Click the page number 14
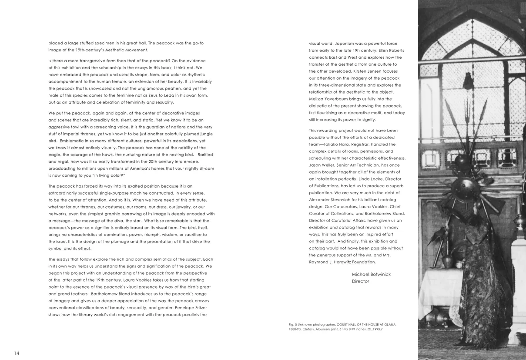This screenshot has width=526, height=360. (x=17, y=353)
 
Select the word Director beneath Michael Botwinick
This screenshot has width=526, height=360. (x=360, y=281)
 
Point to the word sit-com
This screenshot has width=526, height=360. (x=206, y=168)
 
